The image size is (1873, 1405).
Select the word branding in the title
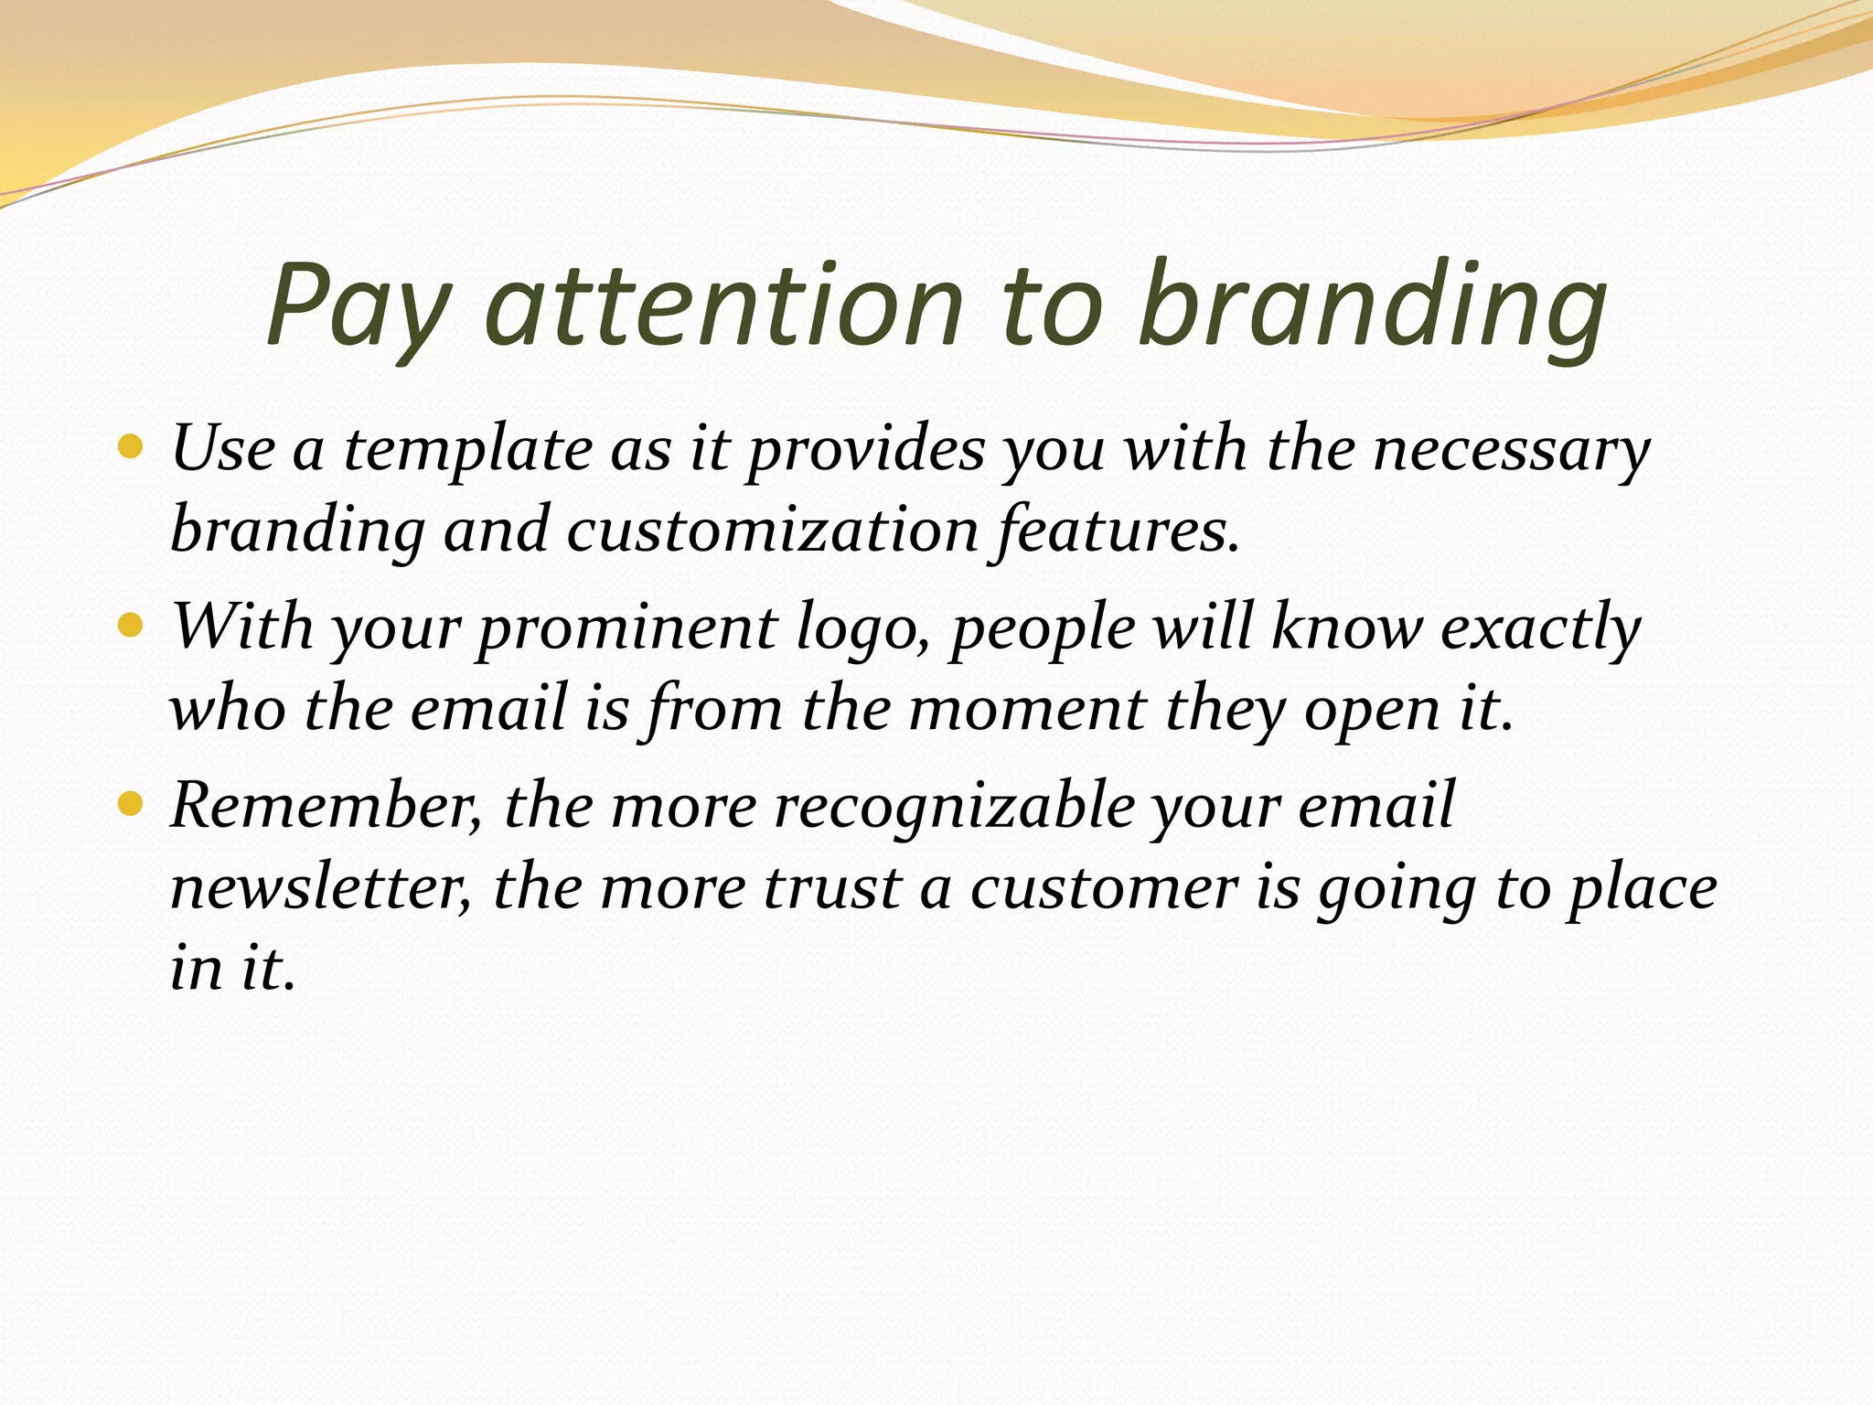pos(1372,306)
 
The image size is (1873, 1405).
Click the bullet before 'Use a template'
pos(132,447)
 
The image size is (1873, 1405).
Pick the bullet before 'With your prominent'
pos(132,626)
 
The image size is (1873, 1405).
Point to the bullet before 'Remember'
pos(132,804)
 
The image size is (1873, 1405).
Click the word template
pos(467,450)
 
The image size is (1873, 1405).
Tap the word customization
pos(773,531)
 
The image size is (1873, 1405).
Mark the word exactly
pos(1540,629)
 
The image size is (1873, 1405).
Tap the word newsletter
pos(321,887)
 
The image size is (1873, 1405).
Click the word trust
pos(832,887)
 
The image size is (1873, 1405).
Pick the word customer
pos(1103,887)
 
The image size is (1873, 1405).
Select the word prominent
pos(627,629)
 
